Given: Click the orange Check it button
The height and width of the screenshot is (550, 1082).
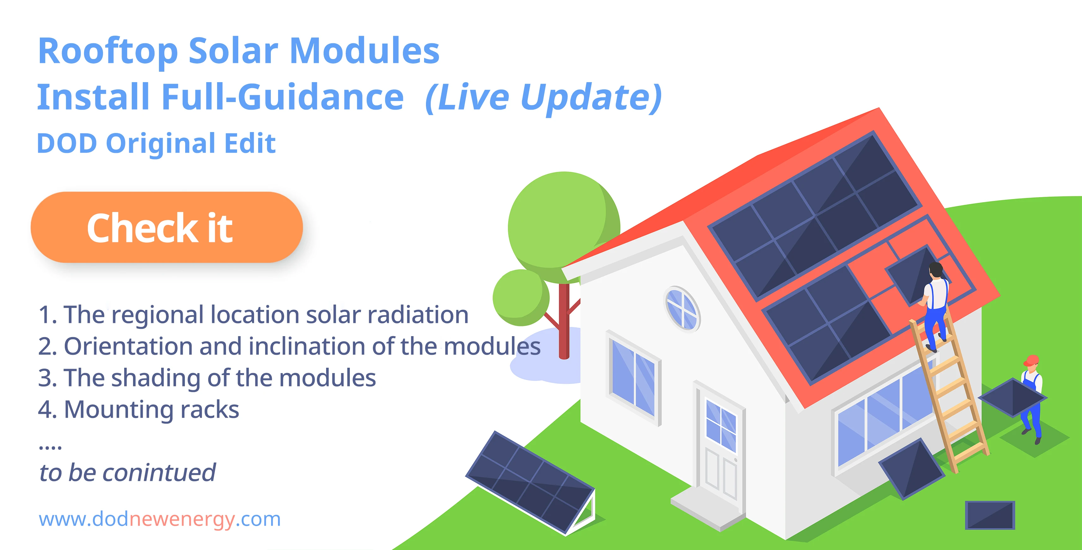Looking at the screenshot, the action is tap(167, 227).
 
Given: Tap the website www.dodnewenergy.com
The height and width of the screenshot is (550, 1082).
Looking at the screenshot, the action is tap(160, 519).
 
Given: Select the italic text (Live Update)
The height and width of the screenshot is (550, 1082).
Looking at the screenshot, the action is tap(544, 98).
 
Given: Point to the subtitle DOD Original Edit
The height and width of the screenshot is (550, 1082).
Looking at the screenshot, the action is tap(156, 144).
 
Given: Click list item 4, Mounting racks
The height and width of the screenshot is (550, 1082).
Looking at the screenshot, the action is tap(139, 409).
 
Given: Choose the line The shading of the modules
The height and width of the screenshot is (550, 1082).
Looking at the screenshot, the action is tap(207, 378).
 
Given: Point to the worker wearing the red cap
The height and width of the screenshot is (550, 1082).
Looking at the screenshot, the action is tap(1032, 399).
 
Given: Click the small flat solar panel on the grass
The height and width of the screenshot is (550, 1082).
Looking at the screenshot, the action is tap(990, 515).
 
